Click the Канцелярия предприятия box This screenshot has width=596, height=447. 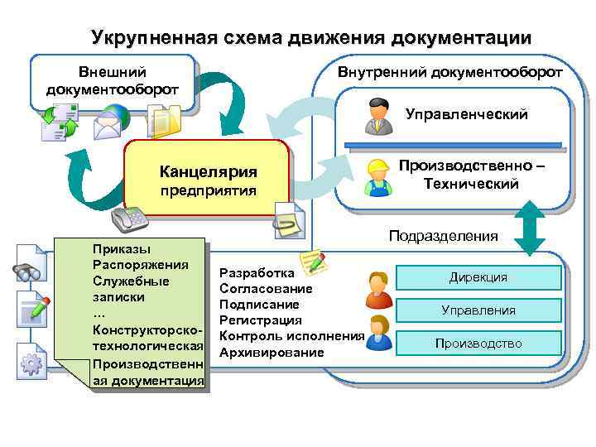pos(207,180)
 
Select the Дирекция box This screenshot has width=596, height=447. pos(478,277)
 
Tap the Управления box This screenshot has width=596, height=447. pos(478,310)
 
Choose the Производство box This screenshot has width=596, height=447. pos(478,343)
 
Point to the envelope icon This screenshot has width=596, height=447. pos(109,126)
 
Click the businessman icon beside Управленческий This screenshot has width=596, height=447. pos(378,117)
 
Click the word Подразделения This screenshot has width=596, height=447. pos(444,236)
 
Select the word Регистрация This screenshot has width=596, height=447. pos(260,320)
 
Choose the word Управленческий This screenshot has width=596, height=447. pos(466,115)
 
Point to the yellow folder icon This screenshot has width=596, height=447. pos(163,120)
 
